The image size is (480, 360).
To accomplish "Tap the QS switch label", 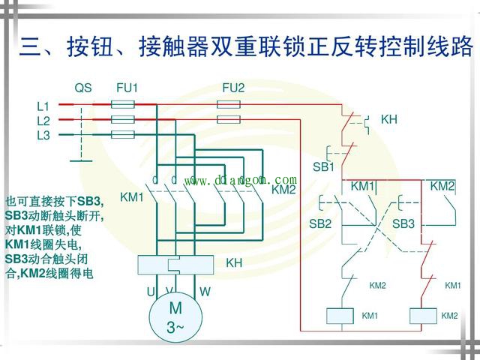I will tap(82, 88).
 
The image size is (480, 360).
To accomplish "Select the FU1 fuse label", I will tap(127, 88).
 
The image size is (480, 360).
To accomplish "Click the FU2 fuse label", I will tap(233, 88).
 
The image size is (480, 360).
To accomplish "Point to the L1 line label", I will tap(43, 106).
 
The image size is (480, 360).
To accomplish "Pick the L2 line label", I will tap(43, 120).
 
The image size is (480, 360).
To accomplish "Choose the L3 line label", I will tap(43, 135).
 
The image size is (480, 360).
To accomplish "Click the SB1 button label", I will tap(323, 166).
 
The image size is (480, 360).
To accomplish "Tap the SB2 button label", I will tap(320, 223).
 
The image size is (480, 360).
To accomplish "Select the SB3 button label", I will tap(403, 223).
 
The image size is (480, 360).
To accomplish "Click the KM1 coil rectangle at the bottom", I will tap(343, 316).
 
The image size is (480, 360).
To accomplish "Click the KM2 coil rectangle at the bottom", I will tap(424, 316).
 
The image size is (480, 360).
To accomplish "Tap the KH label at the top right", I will tap(388, 119).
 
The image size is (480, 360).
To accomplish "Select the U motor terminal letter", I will tap(150, 291).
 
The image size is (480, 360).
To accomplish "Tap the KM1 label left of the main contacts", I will tap(131, 198).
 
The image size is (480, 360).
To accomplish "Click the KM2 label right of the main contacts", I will tap(283, 190).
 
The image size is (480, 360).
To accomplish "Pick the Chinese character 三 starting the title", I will tap(31, 47).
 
